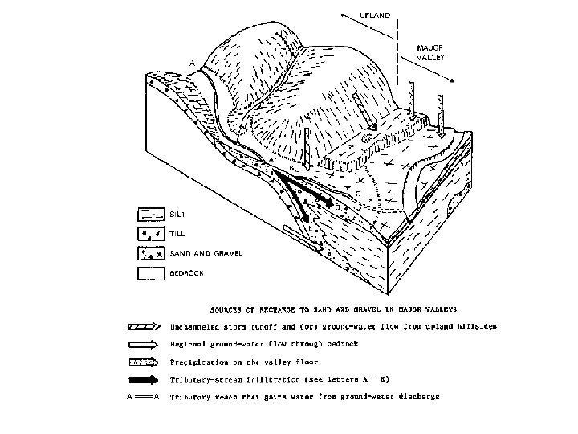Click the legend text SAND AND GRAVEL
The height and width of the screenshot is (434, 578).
pyautogui.click(x=193, y=253)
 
